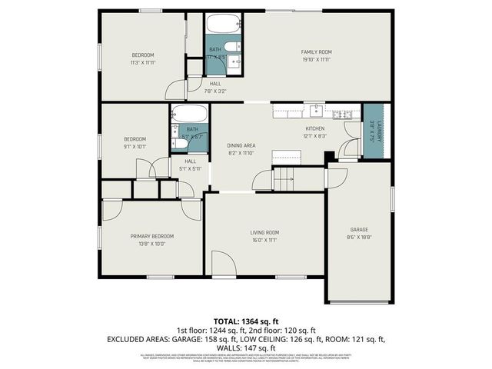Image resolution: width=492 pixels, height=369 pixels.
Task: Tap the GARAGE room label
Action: click(359, 230)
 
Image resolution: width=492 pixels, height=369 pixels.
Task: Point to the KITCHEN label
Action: click(315, 128)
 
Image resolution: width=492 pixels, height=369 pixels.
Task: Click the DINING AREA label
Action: click(241, 145)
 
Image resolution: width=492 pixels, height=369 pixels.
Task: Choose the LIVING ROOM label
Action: click(264, 232)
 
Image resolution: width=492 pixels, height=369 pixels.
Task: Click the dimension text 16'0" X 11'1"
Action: click(264, 240)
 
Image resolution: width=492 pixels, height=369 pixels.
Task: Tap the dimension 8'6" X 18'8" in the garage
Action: click(359, 238)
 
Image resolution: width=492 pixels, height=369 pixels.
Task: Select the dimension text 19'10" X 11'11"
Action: click(315, 59)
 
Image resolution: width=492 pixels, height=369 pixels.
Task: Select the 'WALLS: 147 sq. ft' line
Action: click(245, 347)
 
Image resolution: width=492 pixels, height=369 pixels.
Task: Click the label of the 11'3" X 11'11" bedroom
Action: click(143, 55)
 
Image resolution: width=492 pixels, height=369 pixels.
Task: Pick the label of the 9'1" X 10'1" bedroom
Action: click(135, 138)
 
